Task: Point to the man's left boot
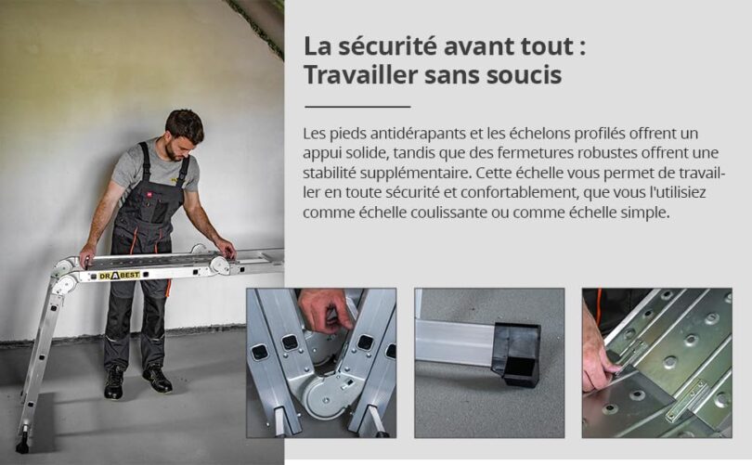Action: [157, 380]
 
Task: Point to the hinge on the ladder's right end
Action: [220, 265]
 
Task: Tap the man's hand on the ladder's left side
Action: [88, 256]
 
